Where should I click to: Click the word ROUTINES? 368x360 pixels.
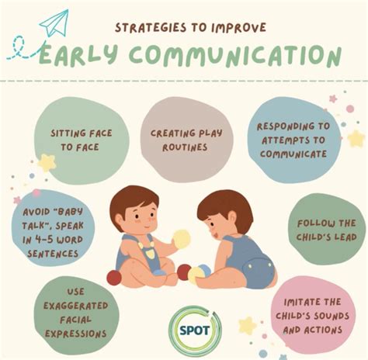183,145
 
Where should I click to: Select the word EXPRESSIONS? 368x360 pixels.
75,332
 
